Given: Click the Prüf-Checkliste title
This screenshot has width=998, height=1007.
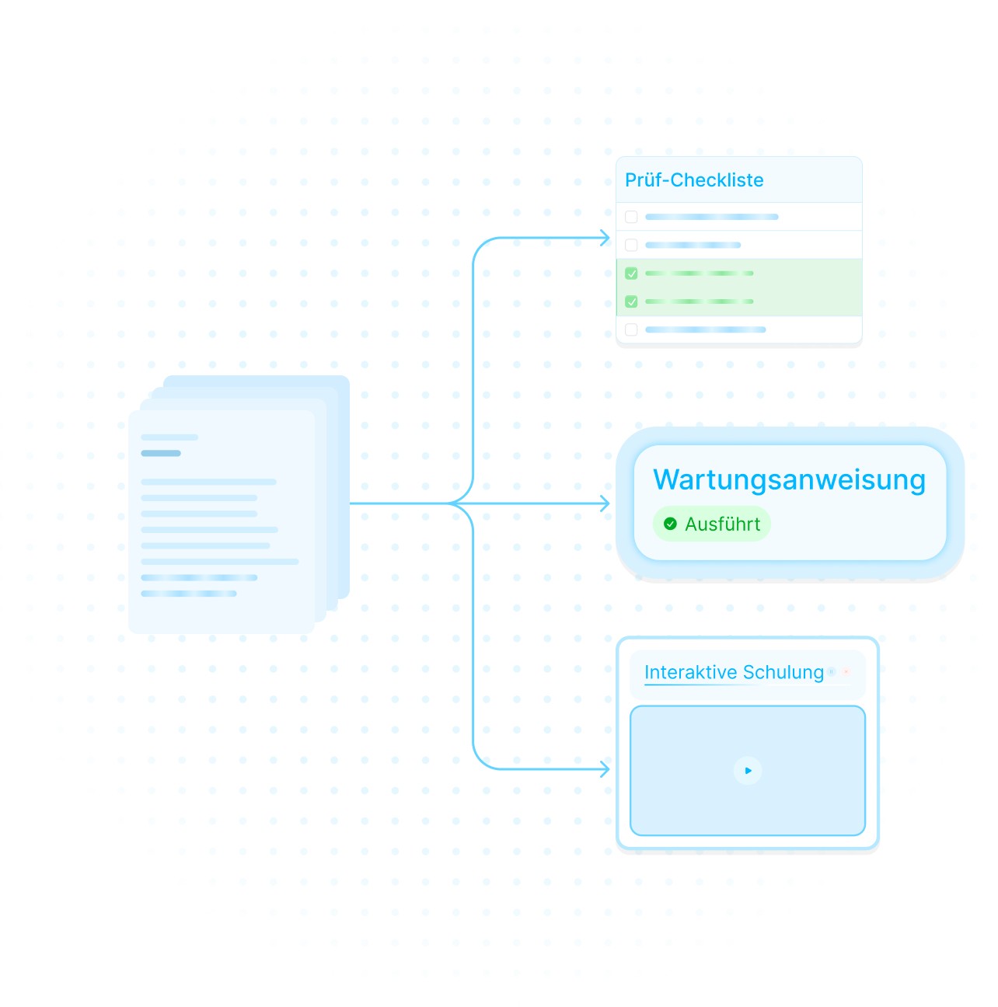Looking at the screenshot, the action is (x=694, y=180).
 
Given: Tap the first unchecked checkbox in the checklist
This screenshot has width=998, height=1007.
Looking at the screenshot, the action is (x=631, y=217).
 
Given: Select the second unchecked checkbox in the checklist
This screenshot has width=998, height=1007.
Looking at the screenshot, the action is (x=631, y=245).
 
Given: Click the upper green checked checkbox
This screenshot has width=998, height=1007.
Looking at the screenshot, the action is (x=631, y=274).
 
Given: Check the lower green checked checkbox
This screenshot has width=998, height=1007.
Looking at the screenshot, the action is (x=631, y=301).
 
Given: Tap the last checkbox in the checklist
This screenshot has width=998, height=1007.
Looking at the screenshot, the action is (x=631, y=329).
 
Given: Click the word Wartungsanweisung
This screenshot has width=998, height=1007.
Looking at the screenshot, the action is (x=789, y=479).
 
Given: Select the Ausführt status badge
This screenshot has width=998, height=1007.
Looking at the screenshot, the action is (x=712, y=524).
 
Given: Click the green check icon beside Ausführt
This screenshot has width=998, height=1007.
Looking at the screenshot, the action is (x=670, y=524).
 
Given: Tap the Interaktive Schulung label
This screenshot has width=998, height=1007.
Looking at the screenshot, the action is (x=734, y=672).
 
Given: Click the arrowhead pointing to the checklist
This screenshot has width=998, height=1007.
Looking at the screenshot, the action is (x=605, y=238).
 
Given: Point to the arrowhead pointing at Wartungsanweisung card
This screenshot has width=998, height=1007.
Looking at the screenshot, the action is (x=605, y=503).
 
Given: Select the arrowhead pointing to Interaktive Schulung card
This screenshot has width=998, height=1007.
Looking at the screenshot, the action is (x=605, y=769).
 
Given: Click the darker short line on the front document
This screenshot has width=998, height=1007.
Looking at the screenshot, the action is (x=161, y=453).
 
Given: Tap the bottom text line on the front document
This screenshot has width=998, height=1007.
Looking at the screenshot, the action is (x=189, y=594).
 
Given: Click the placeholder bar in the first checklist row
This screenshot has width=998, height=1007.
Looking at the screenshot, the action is (x=711, y=217).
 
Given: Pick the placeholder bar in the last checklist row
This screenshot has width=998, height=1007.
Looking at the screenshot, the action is (x=705, y=329).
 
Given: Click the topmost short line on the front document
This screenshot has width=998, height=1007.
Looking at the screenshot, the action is (x=169, y=437).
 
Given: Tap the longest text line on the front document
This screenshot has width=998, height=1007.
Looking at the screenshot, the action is (x=220, y=561).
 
